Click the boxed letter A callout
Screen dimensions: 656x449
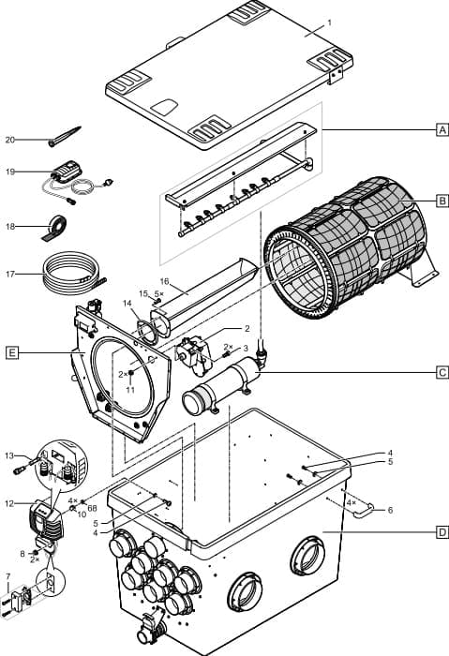(x=441, y=131)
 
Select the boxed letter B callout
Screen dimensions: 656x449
(x=441, y=201)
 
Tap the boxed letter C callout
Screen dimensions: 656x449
(x=441, y=372)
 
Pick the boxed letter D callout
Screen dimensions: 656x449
(x=441, y=532)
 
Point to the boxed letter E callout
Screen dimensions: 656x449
(x=10, y=353)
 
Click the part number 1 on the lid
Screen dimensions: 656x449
(x=329, y=21)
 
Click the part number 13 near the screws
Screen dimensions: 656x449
(x=11, y=455)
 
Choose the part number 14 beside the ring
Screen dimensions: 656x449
(x=127, y=305)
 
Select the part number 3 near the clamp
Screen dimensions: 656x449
(x=246, y=347)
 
